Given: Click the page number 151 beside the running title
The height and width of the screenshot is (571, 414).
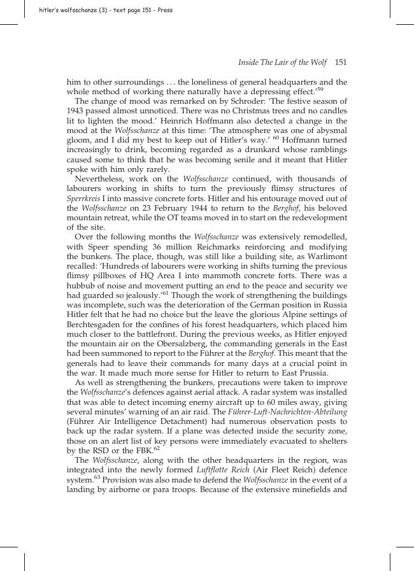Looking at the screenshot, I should (x=340, y=62).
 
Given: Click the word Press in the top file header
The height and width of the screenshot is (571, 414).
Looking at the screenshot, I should (x=164, y=10).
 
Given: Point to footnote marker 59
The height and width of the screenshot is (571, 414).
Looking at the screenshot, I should (x=320, y=89).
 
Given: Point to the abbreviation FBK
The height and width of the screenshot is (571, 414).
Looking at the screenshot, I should (x=143, y=451).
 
